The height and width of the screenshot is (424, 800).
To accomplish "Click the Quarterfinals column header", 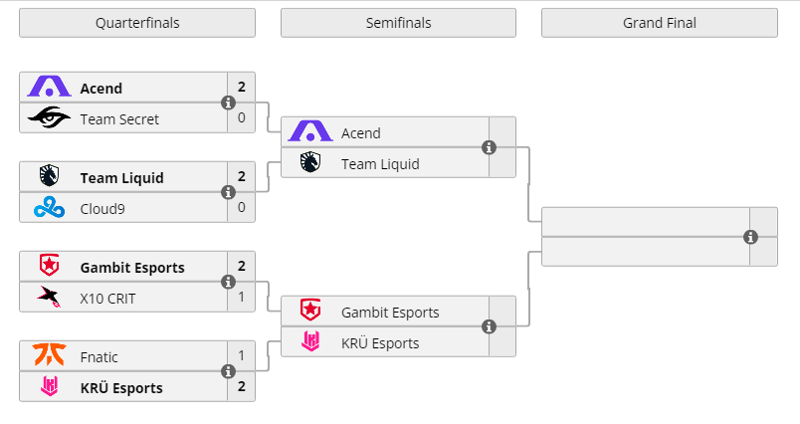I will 137,23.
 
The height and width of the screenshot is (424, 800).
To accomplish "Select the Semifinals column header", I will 398,23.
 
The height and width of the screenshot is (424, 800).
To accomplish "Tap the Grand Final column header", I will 659,23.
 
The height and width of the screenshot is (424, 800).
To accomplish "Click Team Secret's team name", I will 119,118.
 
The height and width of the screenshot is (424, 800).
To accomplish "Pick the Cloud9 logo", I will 49,208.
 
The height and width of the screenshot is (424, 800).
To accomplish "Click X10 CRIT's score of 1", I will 241,297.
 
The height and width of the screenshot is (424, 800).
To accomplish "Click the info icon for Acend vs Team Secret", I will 228,103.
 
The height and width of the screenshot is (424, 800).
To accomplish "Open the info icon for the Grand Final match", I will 750,237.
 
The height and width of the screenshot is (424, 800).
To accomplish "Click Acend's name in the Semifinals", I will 360,133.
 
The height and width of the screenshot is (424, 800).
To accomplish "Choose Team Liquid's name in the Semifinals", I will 380,164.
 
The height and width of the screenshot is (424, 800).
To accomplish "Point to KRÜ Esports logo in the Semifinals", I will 310,342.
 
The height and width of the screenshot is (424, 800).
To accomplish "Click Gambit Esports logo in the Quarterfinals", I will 49,267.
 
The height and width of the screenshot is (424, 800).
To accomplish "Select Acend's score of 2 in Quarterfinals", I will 241,88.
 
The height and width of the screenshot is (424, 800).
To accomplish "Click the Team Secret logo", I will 49,118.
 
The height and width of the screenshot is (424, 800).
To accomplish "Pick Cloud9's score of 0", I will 241,208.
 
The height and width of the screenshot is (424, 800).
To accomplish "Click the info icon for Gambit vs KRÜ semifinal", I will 489,326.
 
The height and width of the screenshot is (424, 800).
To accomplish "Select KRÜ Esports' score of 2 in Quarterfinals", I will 241,386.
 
